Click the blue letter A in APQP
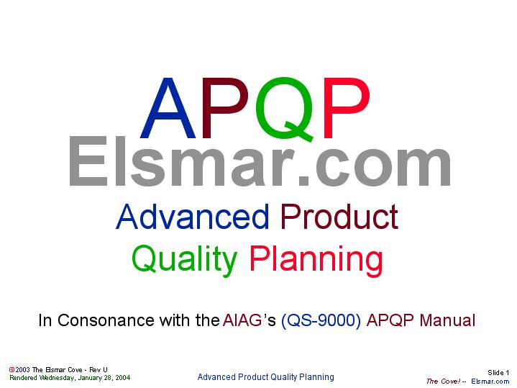[x=170, y=109]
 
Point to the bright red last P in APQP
[x=346, y=109]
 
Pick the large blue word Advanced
[x=193, y=217]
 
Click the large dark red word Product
[x=339, y=217]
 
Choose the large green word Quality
[x=184, y=259]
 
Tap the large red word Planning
[x=316, y=259]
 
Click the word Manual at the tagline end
[x=447, y=320]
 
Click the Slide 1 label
[x=498, y=372]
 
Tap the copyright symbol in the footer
[x=12, y=369]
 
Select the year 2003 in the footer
[x=23, y=369]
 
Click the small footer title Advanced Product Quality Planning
[x=265, y=377]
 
